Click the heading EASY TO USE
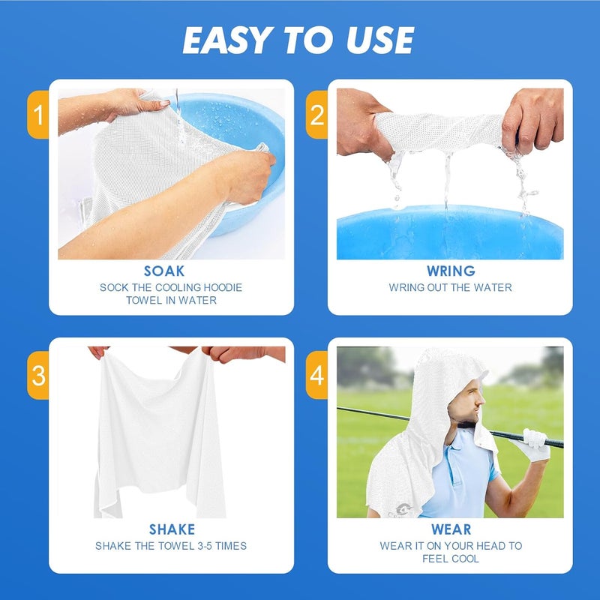(298, 40)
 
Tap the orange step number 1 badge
(38, 115)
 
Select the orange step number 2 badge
(317, 115)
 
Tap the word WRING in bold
(450, 271)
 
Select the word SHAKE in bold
(171, 529)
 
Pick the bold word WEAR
(451, 529)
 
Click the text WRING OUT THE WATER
(450, 287)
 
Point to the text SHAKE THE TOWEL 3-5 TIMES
(171, 546)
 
